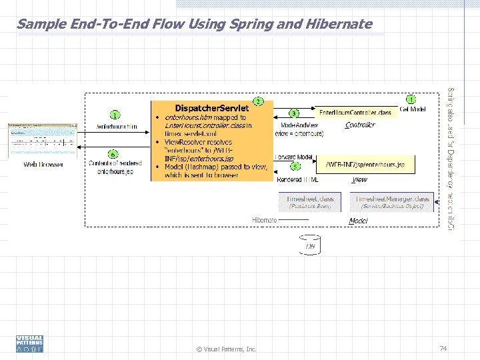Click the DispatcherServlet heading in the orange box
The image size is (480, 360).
pyautogui.click(x=211, y=108)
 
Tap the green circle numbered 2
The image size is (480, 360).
pyautogui.click(x=257, y=101)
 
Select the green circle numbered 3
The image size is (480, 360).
pyautogui.click(x=293, y=113)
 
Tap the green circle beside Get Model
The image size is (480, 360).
pyautogui.click(x=411, y=99)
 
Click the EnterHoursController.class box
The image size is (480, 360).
pyautogui.click(x=355, y=113)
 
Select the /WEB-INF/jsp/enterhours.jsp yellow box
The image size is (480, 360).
pyautogui.click(x=365, y=164)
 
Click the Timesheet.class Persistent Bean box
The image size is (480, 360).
pyautogui.click(x=309, y=201)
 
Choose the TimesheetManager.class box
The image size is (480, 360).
pyautogui.click(x=393, y=201)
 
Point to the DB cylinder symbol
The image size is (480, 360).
pyautogui.click(x=310, y=245)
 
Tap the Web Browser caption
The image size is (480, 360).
pyautogui.click(x=43, y=164)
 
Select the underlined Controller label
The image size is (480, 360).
pyautogui.click(x=360, y=125)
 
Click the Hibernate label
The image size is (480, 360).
pyautogui.click(x=265, y=220)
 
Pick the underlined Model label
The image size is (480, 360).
pyautogui.click(x=359, y=221)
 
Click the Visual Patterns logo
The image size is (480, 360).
pyautogui.click(x=29, y=343)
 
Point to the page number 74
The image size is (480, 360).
pyautogui.click(x=443, y=348)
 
